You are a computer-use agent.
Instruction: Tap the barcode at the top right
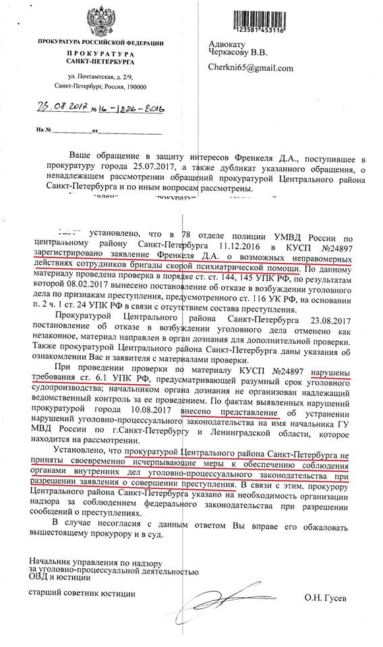[247, 20]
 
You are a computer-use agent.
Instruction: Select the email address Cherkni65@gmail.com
[251, 68]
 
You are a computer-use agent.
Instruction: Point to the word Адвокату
[227, 44]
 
